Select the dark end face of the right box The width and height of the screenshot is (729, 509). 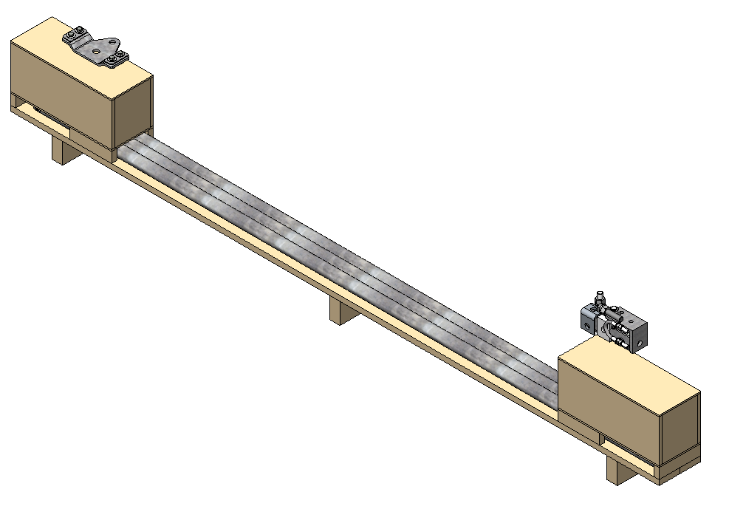[680, 428]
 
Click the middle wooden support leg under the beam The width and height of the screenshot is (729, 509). [340, 310]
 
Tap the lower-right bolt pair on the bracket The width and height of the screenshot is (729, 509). [114, 59]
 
